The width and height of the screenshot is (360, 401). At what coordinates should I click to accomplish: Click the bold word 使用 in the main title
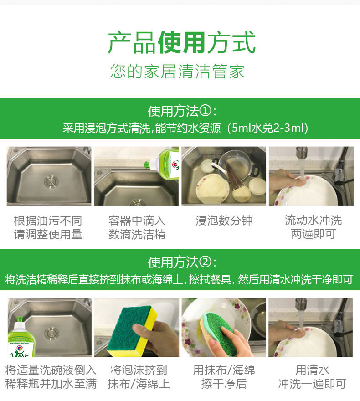[x=181, y=42]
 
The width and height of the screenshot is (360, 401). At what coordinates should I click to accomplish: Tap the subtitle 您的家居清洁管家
[x=177, y=71]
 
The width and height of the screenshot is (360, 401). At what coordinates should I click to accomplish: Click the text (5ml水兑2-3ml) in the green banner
[x=267, y=128]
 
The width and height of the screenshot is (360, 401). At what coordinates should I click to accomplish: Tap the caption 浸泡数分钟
[x=224, y=221]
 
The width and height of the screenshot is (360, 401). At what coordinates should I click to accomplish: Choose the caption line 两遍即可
[x=314, y=234]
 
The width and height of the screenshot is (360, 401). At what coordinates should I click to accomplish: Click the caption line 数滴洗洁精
[x=137, y=234]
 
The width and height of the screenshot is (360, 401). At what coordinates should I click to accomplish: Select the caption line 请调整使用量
[x=48, y=234]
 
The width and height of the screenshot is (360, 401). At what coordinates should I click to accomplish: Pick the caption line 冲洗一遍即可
[x=312, y=384]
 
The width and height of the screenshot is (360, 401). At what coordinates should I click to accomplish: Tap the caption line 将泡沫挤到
[x=139, y=370]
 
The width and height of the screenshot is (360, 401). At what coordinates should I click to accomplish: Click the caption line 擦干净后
[x=224, y=384]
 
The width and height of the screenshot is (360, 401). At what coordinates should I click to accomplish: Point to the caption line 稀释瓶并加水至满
[x=51, y=384]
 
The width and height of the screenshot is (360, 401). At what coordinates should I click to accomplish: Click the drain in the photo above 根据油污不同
[x=51, y=182]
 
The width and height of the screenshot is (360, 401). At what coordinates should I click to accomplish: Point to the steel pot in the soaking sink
[x=237, y=166]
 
